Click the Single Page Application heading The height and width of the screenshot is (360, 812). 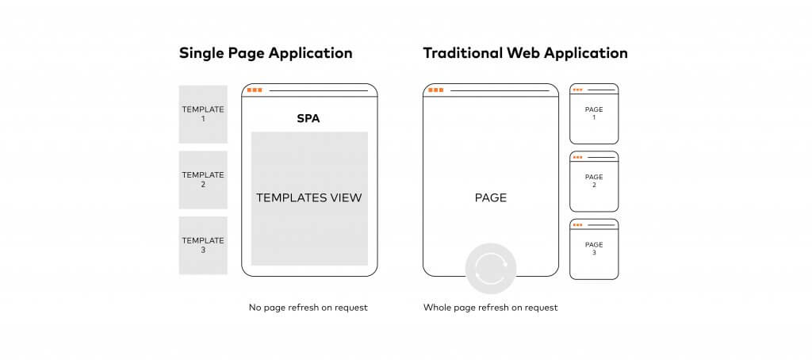coord(266,54)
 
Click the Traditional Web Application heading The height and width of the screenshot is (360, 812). coord(525,54)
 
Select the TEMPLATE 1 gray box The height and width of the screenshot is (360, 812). coord(203,114)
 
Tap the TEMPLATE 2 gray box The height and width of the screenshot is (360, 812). coord(203,180)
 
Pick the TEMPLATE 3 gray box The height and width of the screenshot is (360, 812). coord(203,245)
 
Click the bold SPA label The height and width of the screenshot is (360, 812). coord(308,119)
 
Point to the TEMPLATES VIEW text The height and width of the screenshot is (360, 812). coord(309,198)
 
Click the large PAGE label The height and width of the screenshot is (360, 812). coord(491,198)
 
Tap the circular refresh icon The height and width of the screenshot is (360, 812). coord(490,268)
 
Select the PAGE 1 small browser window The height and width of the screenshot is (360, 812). coord(594,113)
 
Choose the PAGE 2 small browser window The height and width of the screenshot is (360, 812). coord(594,182)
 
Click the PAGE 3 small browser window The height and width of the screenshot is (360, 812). coord(594,249)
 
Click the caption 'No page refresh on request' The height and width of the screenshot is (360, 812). coord(308,308)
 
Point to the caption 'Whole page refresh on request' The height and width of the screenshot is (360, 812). coord(490,308)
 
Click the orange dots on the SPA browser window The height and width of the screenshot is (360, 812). coord(255,90)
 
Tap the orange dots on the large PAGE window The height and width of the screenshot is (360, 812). coord(435,90)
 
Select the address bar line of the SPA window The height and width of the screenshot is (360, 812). coord(319,90)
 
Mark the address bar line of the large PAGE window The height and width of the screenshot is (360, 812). coord(500,90)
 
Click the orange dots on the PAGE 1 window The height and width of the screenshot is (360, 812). coord(577,90)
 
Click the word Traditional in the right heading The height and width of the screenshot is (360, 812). coord(463,53)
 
